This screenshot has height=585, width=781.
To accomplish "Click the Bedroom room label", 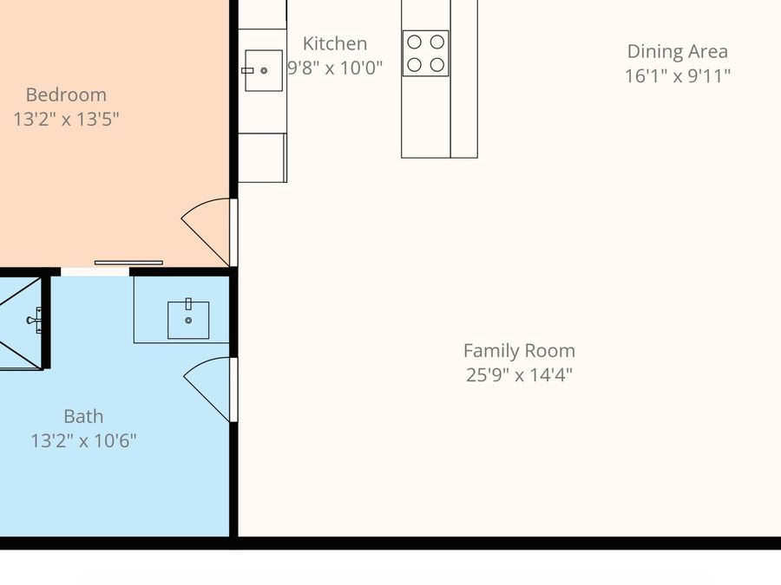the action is point(66,94).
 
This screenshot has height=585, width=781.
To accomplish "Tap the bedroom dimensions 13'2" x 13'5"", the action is point(66,120).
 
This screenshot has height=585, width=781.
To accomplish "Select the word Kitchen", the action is point(335,43).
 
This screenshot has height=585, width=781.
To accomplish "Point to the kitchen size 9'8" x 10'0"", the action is point(335,68).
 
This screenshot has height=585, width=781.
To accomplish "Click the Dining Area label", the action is point(678,51).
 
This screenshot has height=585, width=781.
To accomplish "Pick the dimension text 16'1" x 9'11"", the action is point(678,75).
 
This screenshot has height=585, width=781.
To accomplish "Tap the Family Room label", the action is point(519,351).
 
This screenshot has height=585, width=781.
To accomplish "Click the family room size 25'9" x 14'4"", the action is point(519,374).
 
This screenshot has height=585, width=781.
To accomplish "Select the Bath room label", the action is point(83,416).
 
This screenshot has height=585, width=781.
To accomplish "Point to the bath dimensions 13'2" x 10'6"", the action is point(83,441).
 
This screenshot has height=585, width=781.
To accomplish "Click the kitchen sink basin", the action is point(264,71).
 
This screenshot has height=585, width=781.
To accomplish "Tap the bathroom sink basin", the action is point(188,321).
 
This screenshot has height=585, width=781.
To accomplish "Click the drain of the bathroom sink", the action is point(188,321).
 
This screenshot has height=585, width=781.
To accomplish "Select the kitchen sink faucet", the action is point(247,71).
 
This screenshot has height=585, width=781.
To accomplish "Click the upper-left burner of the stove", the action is point(415,42).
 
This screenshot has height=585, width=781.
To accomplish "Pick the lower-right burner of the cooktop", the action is point(437,65).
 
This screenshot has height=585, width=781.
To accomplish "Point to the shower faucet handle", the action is point(36,320).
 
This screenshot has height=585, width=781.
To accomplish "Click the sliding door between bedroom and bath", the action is point(128,263).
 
